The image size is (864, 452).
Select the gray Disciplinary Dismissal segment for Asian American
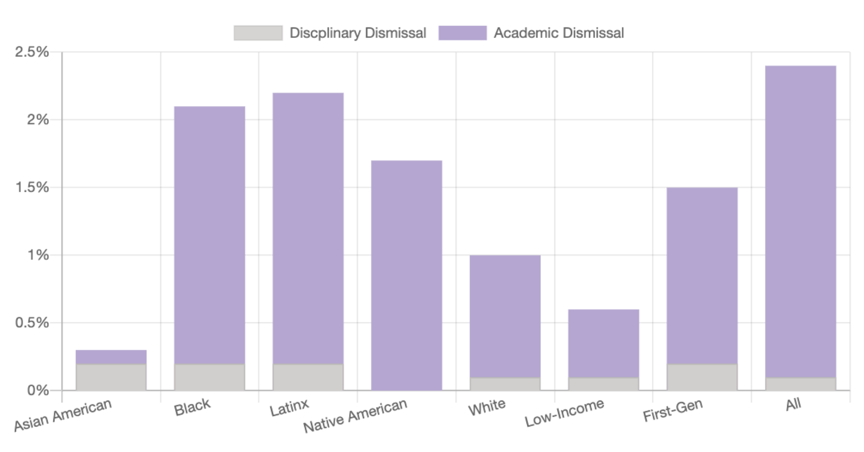point(111,377)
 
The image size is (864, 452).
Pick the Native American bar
point(407,275)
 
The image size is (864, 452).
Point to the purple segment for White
point(505,316)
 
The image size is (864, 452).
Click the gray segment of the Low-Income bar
point(603,384)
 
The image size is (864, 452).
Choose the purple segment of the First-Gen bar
point(702,276)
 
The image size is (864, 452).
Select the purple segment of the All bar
point(801,221)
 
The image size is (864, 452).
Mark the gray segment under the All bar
point(801,384)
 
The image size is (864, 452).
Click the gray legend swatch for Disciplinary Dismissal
point(258,33)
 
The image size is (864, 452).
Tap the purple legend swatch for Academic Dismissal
point(463,33)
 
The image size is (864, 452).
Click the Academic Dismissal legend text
point(559,33)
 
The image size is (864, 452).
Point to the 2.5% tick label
point(32,52)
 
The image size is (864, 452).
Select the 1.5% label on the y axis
point(32,187)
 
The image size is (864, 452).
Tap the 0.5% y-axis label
point(32,323)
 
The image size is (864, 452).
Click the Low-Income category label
point(564,412)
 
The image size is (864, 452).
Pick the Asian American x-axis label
point(63,414)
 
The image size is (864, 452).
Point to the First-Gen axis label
point(673,410)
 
